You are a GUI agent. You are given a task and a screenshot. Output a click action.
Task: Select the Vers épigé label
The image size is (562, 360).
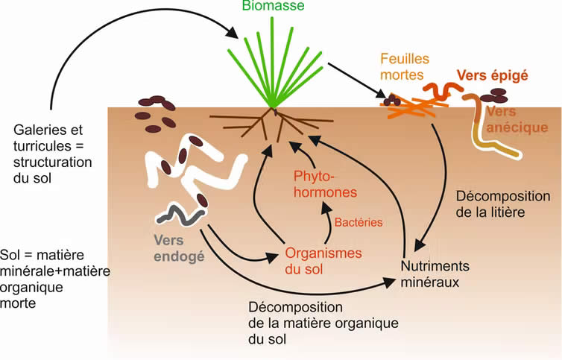(x=492, y=75)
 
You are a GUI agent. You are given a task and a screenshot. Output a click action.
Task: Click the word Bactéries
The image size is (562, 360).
(x=358, y=222)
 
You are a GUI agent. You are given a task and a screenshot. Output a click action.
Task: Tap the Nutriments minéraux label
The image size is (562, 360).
(x=435, y=274)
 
